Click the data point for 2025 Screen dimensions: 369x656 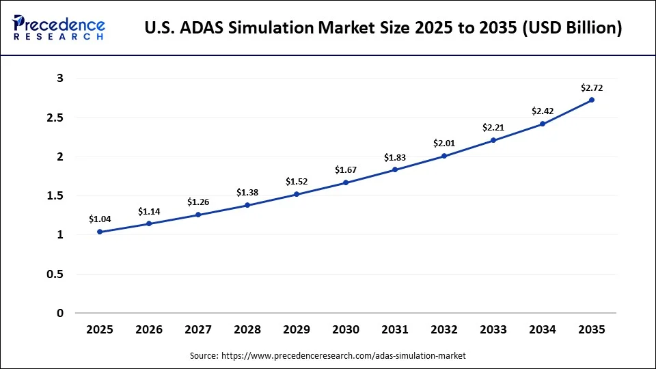(100, 232)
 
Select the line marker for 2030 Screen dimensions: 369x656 (346, 182)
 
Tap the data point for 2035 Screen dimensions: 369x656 (592, 100)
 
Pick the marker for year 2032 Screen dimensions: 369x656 (444, 156)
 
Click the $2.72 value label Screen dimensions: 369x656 (592, 87)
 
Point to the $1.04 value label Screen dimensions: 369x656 (100, 219)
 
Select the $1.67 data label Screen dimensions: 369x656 (346, 170)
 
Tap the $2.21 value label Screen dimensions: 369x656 (493, 127)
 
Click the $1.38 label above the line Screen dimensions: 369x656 (247, 193)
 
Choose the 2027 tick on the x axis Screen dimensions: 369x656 (198, 329)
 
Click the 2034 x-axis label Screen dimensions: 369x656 (543, 329)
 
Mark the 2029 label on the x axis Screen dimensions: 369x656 (297, 329)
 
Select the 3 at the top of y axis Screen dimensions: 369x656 (60, 79)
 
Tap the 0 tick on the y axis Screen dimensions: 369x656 (60, 314)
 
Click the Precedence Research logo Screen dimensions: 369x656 (59, 28)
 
